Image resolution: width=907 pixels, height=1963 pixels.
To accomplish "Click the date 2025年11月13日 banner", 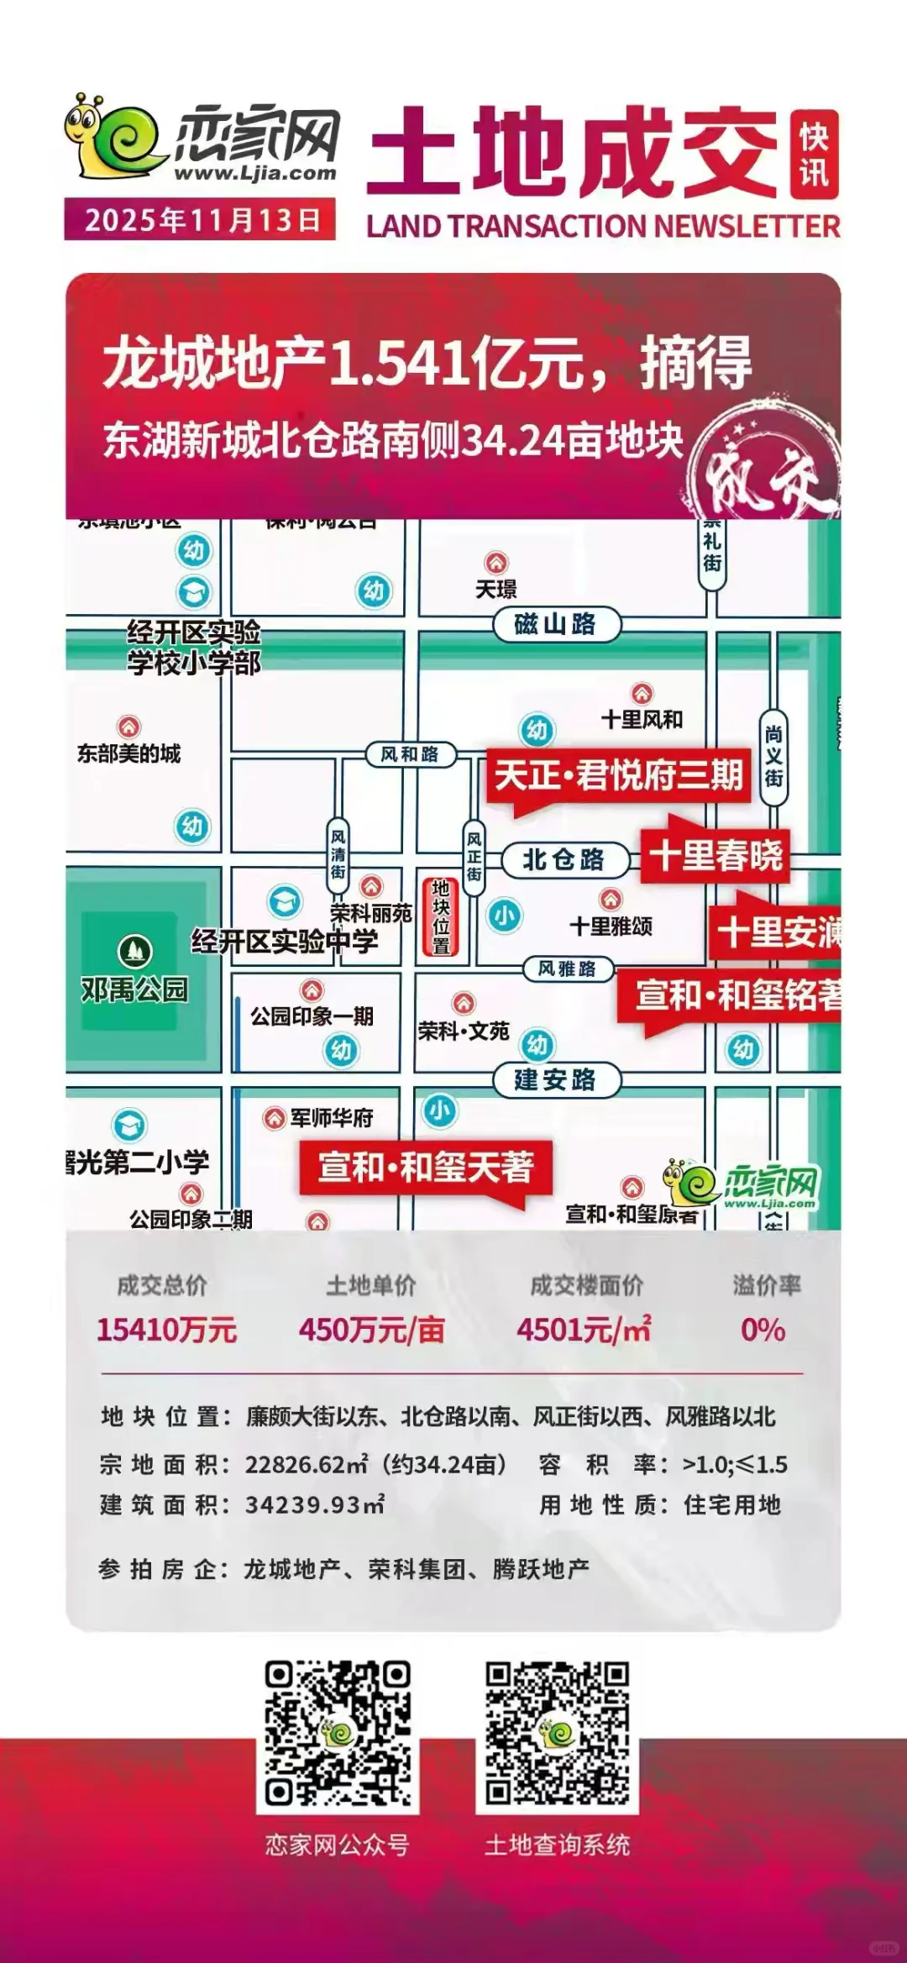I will click(x=200, y=220).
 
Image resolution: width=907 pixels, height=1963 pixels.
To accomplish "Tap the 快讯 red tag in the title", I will click(x=814, y=155).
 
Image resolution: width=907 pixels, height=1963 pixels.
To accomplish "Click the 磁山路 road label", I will click(x=556, y=624).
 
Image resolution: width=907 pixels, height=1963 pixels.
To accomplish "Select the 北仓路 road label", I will click(x=564, y=859).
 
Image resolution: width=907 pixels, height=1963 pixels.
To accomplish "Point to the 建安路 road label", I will click(x=556, y=1079).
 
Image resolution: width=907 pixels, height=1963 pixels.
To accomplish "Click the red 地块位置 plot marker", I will click(x=441, y=916).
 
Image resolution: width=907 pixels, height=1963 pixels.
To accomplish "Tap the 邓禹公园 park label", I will click(x=134, y=989).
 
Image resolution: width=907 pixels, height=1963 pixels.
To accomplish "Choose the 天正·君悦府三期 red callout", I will click(x=618, y=774).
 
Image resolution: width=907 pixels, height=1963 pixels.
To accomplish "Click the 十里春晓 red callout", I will click(x=716, y=855).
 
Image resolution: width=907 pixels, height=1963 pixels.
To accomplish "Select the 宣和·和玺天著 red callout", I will click(x=426, y=1167).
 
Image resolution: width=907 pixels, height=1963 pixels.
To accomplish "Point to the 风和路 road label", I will click(x=410, y=754).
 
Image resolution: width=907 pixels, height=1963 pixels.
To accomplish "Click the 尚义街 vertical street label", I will click(x=773, y=757).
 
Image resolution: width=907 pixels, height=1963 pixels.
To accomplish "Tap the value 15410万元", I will click(x=166, y=1330).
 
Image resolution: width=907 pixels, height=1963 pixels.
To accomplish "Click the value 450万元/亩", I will click(x=371, y=1330).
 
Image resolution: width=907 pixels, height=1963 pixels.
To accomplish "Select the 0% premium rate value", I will click(x=763, y=1330).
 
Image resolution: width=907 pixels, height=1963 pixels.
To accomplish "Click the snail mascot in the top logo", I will click(x=113, y=136).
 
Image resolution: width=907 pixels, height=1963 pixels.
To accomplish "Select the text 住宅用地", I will click(x=732, y=1504).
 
